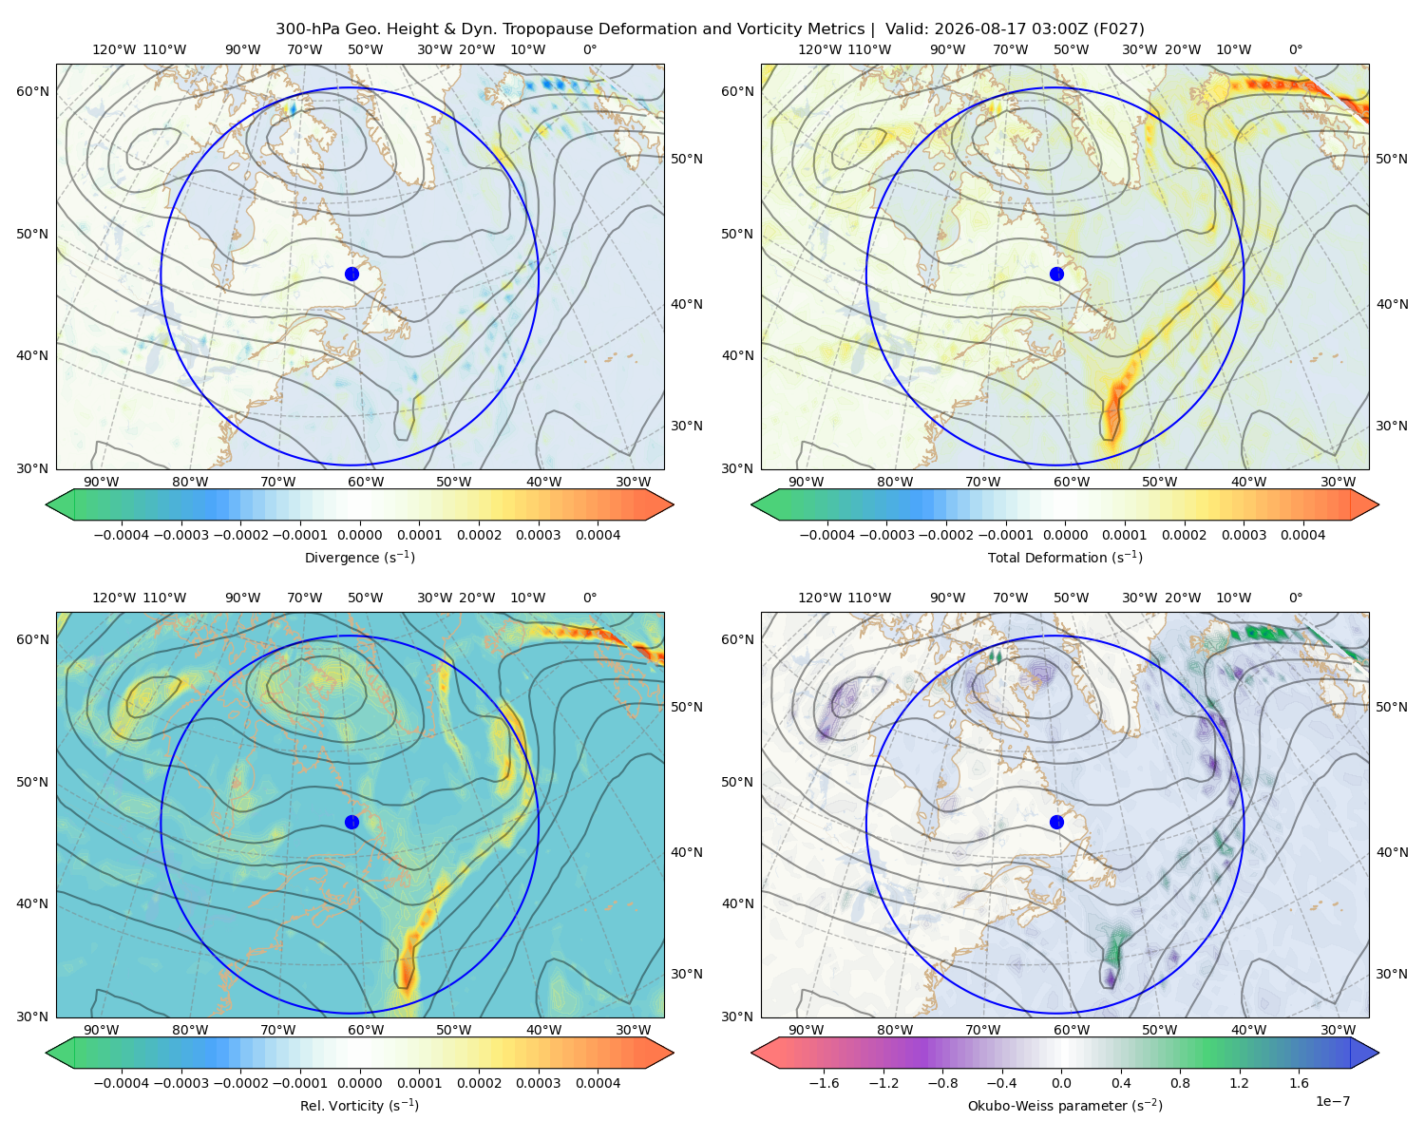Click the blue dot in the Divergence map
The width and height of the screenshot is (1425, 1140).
pos(351,274)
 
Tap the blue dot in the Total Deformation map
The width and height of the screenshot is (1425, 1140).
pos(1056,274)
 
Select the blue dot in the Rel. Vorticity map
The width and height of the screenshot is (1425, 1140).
pos(351,822)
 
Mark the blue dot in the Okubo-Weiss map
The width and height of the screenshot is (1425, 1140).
pos(1056,822)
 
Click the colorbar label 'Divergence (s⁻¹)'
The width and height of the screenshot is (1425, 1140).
pos(359,557)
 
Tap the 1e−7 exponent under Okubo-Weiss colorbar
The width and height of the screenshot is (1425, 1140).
pos(1332,1101)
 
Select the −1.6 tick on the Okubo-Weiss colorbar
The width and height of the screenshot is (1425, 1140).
pos(824,1082)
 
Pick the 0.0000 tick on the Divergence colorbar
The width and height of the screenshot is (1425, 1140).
pos(359,535)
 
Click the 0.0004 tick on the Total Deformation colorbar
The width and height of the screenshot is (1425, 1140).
pos(1303,535)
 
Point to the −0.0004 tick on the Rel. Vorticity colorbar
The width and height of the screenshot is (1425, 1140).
pos(122,1082)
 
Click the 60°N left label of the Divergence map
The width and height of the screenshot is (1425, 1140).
pos(32,91)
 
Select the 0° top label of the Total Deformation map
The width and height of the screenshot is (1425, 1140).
pos(1295,49)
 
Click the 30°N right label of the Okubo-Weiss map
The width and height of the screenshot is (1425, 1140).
pos(1392,973)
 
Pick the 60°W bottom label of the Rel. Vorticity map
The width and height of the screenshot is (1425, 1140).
pos(366,1030)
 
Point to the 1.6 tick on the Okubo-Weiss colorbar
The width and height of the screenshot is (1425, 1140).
pos(1300,1082)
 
